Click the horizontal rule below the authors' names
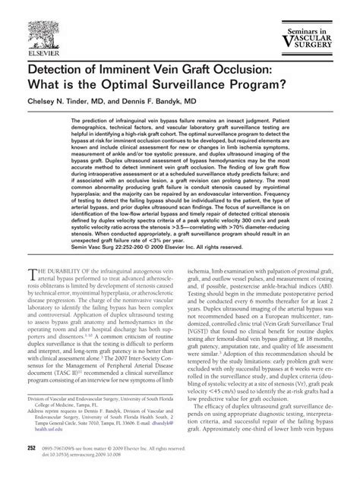[179, 113]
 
